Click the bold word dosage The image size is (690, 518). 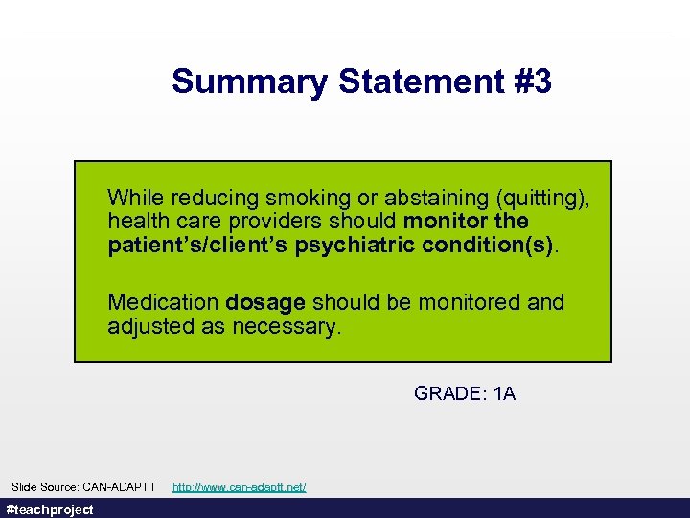coord(264,303)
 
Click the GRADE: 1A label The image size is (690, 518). coord(465,393)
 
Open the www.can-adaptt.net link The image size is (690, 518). coord(240,487)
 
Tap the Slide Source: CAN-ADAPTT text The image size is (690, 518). coord(83,487)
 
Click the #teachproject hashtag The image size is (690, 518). coord(50,509)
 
